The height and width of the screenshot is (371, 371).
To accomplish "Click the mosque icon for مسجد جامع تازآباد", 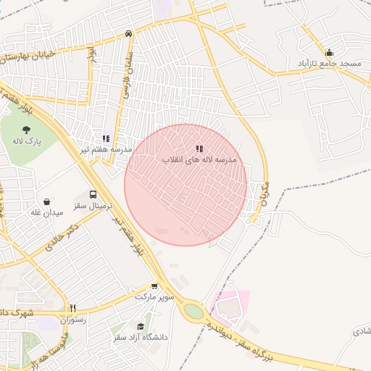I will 330,52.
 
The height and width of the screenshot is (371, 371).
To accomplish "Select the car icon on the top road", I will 128,33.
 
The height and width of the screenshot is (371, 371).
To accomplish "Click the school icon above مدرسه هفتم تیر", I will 107,138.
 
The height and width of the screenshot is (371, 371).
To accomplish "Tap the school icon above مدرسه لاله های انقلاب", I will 199,149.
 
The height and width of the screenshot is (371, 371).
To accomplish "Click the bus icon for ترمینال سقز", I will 93,194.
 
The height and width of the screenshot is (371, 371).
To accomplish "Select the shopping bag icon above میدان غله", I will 47,201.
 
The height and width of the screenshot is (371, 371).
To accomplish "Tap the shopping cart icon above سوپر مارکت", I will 154,286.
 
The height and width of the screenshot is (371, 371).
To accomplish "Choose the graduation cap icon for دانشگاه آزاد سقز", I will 141,327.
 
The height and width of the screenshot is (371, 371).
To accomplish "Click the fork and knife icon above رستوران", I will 73,308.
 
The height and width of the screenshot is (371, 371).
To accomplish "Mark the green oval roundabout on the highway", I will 193,311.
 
